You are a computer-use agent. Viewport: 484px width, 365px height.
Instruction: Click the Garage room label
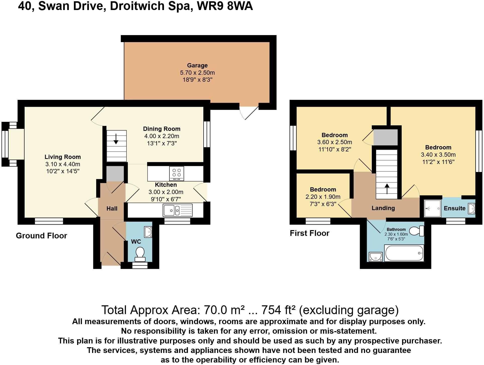click(197, 65)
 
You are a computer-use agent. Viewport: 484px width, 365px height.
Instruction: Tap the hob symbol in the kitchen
click(176, 173)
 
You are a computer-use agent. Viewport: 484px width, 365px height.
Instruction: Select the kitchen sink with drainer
click(178, 210)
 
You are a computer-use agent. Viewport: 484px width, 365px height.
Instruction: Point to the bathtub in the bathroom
click(404, 253)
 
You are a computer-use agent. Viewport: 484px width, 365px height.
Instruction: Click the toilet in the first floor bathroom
click(416, 231)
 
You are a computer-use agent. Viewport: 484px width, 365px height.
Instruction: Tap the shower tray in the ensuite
click(432, 208)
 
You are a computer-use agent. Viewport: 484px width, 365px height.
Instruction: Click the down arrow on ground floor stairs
click(116, 139)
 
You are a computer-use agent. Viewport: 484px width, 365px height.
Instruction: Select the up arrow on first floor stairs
click(387, 189)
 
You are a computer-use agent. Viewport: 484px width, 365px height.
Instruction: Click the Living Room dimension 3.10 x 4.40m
click(63, 164)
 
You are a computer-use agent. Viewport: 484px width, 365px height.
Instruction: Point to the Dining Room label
click(162, 129)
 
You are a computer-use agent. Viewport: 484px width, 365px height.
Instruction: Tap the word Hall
click(112, 209)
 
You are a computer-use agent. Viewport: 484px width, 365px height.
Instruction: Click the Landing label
click(383, 208)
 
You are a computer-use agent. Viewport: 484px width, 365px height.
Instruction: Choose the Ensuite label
click(454, 208)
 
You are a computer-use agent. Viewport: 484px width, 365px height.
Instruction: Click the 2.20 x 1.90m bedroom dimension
click(323, 197)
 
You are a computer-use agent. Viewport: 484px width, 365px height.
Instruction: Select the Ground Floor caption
click(41, 236)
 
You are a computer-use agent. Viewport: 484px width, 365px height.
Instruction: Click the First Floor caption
click(310, 233)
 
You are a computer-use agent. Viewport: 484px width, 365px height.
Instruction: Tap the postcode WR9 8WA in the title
click(225, 6)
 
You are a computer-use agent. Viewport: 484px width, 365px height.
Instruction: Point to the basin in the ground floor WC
click(148, 232)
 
